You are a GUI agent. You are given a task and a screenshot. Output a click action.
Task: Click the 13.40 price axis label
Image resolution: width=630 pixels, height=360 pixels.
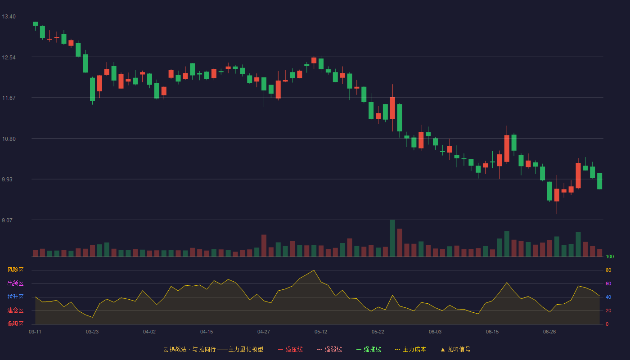(9, 17)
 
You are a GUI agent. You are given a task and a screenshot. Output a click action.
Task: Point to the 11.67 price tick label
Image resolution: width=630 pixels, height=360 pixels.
(9, 98)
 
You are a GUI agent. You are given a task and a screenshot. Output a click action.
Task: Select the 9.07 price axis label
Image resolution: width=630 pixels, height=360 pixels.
(7, 220)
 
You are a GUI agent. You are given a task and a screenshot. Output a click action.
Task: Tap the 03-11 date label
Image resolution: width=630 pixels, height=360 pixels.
(35, 332)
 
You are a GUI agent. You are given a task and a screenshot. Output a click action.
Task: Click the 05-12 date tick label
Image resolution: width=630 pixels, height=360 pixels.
(320, 332)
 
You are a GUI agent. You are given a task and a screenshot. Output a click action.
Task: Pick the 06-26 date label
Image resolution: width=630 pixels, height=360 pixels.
(549, 332)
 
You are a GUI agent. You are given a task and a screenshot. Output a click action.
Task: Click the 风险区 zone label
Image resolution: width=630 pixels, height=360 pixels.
(15, 270)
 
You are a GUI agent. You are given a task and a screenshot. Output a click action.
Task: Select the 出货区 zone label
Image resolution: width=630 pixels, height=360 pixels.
(15, 283)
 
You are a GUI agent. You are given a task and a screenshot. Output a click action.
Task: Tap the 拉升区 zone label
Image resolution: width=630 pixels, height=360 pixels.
(15, 297)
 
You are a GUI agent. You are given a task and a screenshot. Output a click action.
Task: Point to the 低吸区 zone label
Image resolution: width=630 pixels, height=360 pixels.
(15, 324)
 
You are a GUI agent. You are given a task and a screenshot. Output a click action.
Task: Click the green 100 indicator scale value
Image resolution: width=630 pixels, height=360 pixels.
(610, 256)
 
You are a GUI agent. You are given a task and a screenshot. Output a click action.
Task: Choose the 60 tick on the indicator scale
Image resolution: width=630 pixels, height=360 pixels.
(608, 283)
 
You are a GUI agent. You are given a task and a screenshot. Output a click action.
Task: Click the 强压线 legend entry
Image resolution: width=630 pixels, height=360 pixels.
(290, 349)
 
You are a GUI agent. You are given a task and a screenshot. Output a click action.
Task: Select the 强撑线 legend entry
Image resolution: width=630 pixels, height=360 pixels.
(369, 349)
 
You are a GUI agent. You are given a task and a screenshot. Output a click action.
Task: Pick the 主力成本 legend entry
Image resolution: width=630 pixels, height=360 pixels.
(410, 349)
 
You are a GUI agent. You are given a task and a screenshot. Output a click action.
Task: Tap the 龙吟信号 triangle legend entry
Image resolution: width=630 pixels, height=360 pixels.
(455, 349)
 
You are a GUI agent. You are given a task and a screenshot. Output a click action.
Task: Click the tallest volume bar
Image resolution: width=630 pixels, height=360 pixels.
(392, 238)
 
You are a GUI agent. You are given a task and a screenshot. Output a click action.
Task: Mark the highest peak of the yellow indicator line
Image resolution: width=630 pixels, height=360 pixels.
(314, 270)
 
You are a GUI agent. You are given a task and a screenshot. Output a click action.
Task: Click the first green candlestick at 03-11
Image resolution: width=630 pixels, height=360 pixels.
(35, 24)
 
